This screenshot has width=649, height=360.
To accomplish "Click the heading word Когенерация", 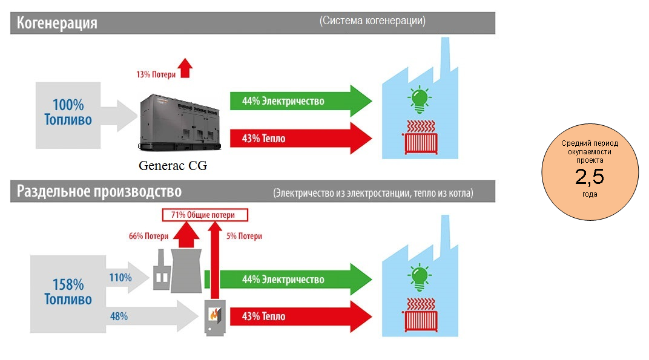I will [x=58, y=24].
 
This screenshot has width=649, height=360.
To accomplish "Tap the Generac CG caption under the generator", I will [x=173, y=165].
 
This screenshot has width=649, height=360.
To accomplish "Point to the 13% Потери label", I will [x=156, y=74].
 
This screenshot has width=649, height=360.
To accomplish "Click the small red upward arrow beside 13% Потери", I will [x=185, y=68].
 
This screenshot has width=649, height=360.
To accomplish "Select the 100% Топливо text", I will [x=68, y=112].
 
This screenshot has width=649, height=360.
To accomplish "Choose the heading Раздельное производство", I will [x=99, y=192].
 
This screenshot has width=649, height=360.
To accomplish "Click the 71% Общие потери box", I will [x=206, y=215].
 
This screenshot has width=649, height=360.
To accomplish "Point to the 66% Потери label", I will [x=148, y=236].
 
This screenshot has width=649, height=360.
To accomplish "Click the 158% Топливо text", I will [x=68, y=292].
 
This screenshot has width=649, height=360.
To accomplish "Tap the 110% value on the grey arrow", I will [x=120, y=278].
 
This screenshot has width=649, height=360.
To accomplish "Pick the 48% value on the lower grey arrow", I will [x=119, y=316].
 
